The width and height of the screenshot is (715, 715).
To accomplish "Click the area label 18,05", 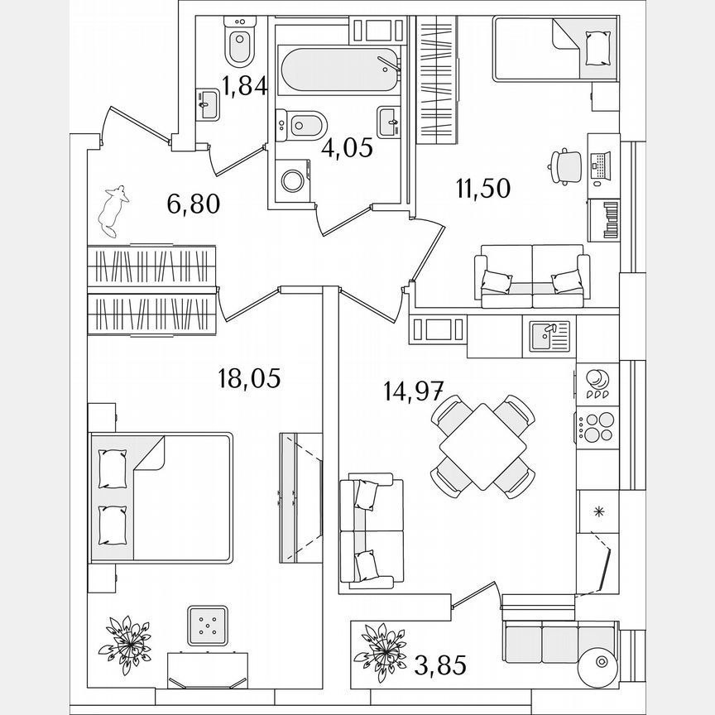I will tap(247, 379).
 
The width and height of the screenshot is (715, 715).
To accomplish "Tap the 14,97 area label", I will tap(415, 390).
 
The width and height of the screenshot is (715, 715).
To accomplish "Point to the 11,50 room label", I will tap(482, 188).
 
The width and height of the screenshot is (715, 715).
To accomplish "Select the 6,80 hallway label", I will tap(193, 204).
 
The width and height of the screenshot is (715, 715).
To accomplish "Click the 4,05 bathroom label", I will tap(347, 148).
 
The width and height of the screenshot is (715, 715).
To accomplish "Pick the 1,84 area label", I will tap(246, 86).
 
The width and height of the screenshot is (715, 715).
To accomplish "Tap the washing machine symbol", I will tap(291, 180).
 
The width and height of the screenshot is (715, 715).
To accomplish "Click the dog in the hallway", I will tap(113, 209).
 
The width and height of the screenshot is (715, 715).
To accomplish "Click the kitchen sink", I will tap(549, 336).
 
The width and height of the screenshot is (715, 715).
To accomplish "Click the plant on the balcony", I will tap(381, 646).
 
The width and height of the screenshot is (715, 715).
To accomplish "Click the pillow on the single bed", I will tap(597, 46).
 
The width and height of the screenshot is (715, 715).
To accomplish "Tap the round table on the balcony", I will tap(595, 665).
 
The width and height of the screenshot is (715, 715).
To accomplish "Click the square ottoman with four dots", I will tap(208, 625).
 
